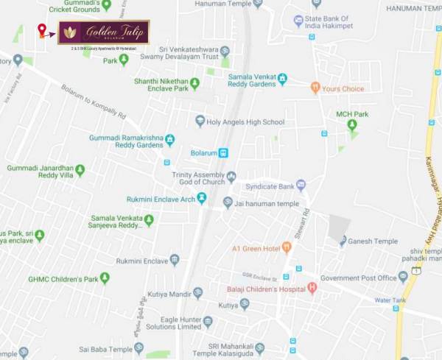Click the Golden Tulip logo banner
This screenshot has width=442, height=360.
[x=104, y=32]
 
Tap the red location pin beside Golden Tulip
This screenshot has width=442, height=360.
[x=41, y=31]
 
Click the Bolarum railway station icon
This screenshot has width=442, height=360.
[x=223, y=153]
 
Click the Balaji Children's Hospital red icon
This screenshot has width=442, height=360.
[x=312, y=287]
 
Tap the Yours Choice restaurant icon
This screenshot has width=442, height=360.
[x=315, y=89]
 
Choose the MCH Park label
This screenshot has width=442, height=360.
[x=352, y=114]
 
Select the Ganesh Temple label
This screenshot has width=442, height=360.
[x=373, y=241]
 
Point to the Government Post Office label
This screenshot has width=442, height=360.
[x=358, y=278]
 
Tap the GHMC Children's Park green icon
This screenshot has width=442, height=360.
[x=105, y=278]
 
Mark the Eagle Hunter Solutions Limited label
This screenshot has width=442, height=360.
[x=167, y=322]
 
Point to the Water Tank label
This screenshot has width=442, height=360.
[x=390, y=300]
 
